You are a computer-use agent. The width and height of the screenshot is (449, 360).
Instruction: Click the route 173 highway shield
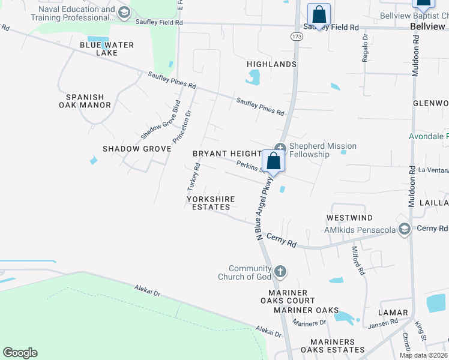tap(296, 37)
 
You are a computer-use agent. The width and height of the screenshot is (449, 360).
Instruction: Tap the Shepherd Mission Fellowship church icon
tap(280, 148)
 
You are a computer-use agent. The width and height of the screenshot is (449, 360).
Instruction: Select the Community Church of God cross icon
tap(279, 272)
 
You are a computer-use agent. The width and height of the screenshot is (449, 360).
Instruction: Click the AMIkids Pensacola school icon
tap(405, 229)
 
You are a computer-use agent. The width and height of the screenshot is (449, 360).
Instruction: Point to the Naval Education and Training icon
tap(124, 13)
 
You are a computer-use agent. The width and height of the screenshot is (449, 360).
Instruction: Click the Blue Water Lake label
tap(107, 49)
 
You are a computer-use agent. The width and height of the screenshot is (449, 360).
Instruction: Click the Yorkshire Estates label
tap(210, 203)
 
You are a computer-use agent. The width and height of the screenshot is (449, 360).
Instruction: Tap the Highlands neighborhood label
tap(271, 64)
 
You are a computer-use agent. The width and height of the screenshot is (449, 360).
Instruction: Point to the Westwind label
tap(349, 218)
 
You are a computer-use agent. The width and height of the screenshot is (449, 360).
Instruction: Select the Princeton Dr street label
tap(182, 127)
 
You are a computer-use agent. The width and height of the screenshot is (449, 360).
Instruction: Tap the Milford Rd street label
tap(358, 260)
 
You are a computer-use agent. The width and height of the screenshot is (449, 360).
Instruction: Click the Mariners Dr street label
tap(309, 323)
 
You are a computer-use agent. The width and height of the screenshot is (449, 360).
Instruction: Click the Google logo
tap(20, 353)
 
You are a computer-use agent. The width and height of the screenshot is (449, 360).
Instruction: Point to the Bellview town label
tap(427, 27)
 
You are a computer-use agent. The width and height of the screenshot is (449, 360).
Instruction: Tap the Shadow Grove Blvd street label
tap(160, 123)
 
